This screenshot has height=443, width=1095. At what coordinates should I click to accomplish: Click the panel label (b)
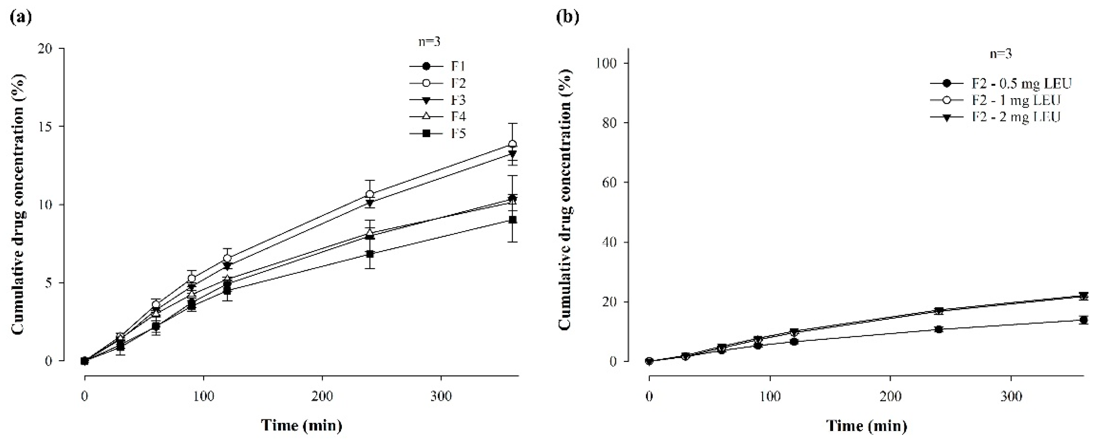[568, 18]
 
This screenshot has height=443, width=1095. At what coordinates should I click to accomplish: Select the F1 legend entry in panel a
[438, 67]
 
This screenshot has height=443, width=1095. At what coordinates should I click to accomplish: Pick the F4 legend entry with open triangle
[438, 117]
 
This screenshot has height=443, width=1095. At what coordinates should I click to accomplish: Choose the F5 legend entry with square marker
[438, 134]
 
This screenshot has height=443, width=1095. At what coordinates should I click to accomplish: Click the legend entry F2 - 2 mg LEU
[995, 117]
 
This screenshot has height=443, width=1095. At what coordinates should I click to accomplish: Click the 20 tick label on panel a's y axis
[47, 49]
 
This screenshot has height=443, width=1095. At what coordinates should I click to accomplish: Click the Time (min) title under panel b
[866, 425]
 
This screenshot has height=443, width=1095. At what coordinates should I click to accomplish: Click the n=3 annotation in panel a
[429, 42]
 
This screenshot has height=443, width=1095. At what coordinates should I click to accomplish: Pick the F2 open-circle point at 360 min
[513, 144]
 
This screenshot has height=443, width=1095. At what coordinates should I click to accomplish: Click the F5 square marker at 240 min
[370, 254]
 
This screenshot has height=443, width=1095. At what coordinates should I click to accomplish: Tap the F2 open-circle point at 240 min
[370, 194]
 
